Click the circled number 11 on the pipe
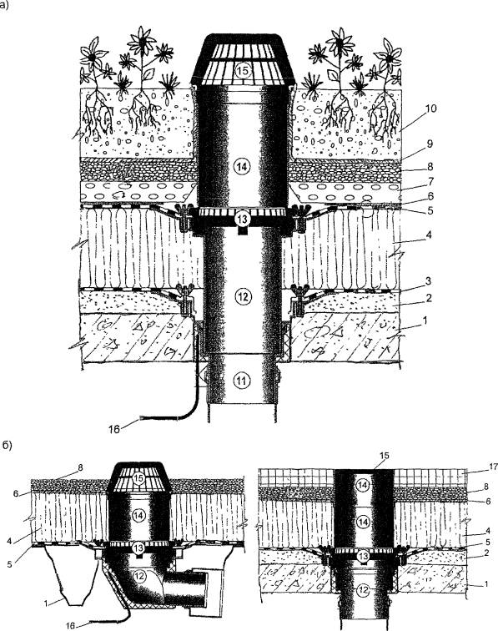242,381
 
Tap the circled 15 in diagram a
244,71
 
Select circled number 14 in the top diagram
242,167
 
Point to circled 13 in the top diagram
242,219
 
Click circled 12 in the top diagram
242,297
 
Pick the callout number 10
430,109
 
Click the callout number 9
430,144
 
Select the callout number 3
430,280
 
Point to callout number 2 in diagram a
430,298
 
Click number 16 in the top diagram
114,429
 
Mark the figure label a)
4,6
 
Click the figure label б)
8,446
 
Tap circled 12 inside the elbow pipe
139,576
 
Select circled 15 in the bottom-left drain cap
138,478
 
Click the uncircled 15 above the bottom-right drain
385,455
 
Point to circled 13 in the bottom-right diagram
363,557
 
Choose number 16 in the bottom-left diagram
70,626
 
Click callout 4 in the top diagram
430,235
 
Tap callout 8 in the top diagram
430,165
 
